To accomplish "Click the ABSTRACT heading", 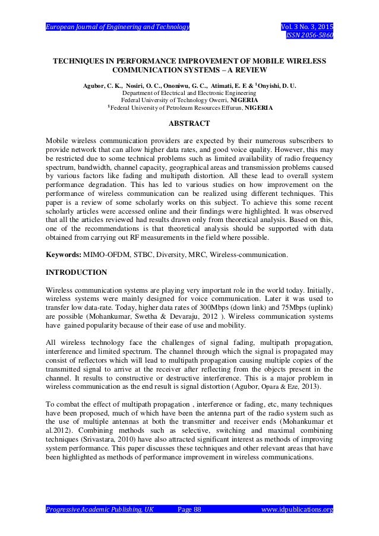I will tap(190, 123).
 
